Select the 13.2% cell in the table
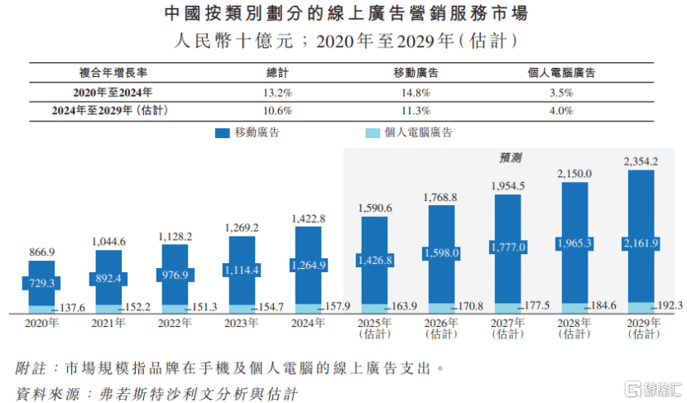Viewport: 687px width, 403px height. click(276, 92)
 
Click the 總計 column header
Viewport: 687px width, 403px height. click(276, 73)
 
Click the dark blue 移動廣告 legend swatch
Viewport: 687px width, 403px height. click(222, 132)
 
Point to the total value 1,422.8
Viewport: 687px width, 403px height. click(308, 218)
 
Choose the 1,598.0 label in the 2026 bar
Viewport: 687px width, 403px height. click(441, 253)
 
